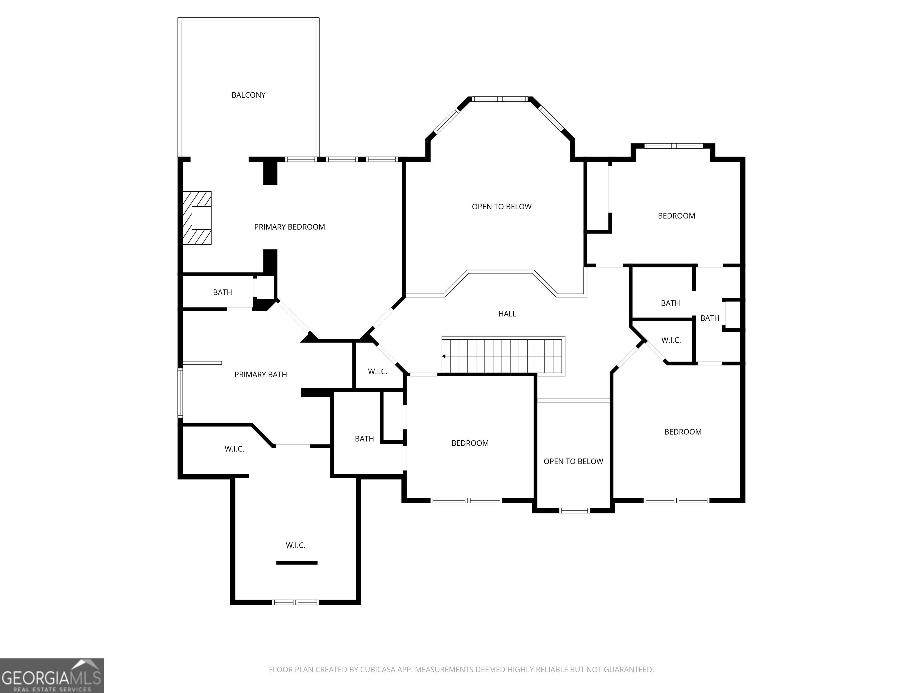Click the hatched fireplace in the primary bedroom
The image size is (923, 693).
point(197,218)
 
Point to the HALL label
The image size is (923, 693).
point(507,314)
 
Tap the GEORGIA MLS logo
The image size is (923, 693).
point(52,676)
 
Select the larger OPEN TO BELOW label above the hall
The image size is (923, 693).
point(501,207)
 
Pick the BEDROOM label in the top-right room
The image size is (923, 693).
point(676,216)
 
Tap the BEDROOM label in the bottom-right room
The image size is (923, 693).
point(683,432)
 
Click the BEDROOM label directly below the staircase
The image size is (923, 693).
point(470,443)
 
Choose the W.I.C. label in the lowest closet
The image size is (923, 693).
point(295,545)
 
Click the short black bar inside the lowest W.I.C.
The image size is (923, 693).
point(297,563)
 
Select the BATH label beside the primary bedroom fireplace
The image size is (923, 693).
point(222,292)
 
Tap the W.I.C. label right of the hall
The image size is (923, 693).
point(671,340)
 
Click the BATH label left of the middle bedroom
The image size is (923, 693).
point(364,439)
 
